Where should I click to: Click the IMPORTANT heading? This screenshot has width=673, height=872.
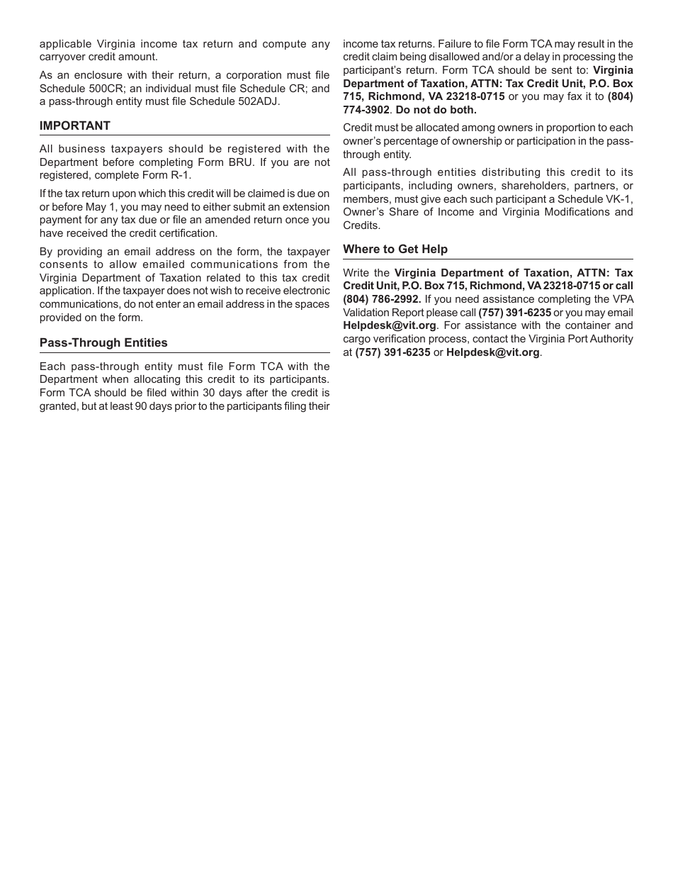pos(75,125)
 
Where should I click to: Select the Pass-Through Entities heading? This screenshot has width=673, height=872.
pos(103,342)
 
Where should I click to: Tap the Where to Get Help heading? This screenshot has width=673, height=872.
pos(395,249)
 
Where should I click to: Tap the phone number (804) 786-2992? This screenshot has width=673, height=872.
pos(382,299)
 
